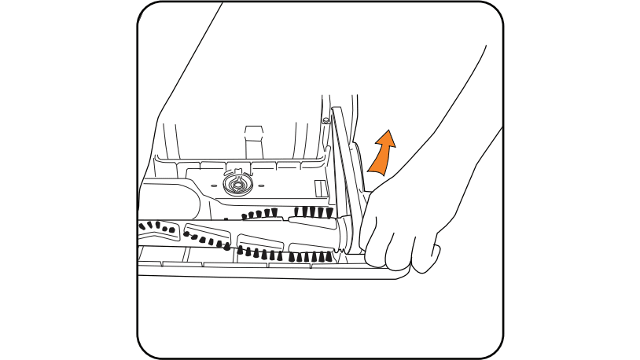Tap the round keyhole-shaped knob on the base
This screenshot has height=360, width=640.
234,184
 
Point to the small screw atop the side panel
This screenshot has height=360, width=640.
325,120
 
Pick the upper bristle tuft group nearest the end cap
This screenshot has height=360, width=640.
314,211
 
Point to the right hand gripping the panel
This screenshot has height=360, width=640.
405,228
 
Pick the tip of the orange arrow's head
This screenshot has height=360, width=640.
388,131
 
